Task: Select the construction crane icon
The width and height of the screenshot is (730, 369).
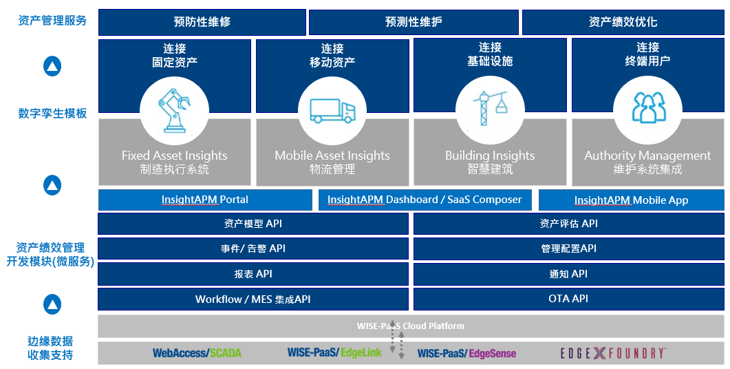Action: (x=490, y=108)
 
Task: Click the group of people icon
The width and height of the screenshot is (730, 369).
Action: (x=647, y=108)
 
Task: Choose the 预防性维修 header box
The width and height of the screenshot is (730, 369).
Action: (x=202, y=22)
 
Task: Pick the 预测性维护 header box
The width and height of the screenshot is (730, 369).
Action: (x=413, y=22)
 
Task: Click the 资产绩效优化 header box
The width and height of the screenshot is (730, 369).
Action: (x=623, y=22)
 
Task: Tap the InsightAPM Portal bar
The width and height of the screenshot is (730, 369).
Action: (x=204, y=200)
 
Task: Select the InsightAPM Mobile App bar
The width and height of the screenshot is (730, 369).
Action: (x=631, y=200)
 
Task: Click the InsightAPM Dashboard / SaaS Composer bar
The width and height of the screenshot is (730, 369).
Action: (x=425, y=200)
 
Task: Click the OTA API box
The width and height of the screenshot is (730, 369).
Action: (x=568, y=299)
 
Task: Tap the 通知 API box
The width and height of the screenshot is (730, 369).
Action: (x=568, y=274)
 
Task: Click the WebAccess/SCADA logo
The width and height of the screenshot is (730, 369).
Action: (x=197, y=353)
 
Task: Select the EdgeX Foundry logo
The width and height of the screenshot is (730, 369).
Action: (x=612, y=353)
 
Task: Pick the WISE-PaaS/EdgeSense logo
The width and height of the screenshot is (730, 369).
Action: (x=466, y=353)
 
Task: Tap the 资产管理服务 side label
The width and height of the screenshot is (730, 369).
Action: (x=52, y=21)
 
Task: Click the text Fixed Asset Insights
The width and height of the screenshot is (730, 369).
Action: (x=174, y=156)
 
